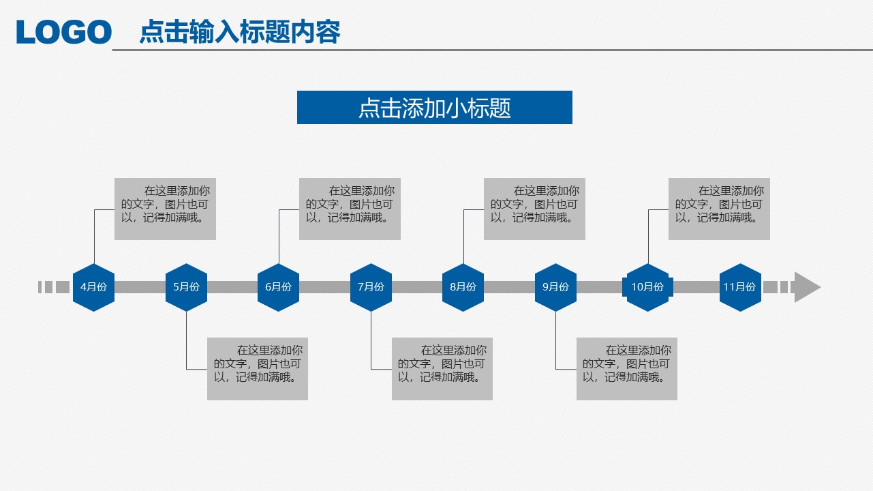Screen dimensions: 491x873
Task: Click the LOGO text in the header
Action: pyautogui.click(x=64, y=32)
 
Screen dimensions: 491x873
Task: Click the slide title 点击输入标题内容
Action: pyautogui.click(x=239, y=32)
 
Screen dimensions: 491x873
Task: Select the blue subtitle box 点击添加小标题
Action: pyautogui.click(x=434, y=108)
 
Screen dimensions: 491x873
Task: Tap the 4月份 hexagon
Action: pyautogui.click(x=93, y=287)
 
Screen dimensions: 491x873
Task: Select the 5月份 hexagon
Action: pyautogui.click(x=186, y=287)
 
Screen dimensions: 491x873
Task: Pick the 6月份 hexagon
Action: pyautogui.click(x=278, y=287)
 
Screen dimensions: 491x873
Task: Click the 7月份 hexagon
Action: pyautogui.click(x=371, y=287)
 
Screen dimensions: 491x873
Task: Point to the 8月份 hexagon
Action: pyautogui.click(x=463, y=287)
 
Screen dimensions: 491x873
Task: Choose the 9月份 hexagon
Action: pyautogui.click(x=555, y=287)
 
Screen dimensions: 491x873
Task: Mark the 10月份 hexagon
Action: pyautogui.click(x=647, y=287)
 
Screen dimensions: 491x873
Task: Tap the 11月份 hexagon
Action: pyautogui.click(x=740, y=287)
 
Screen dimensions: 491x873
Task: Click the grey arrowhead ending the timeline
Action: pyautogui.click(x=806, y=287)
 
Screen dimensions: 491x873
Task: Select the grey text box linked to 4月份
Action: pyautogui.click(x=165, y=209)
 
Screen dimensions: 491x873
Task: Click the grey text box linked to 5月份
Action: pyautogui.click(x=258, y=368)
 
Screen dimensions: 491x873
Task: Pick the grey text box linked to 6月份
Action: pyautogui.click(x=350, y=209)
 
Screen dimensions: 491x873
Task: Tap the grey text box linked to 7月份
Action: pyautogui.click(x=442, y=368)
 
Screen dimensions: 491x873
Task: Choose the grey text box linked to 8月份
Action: pyautogui.click(x=534, y=209)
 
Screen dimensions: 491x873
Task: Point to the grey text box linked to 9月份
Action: pyautogui.click(x=626, y=368)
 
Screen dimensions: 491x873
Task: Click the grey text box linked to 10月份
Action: pyautogui.click(x=719, y=209)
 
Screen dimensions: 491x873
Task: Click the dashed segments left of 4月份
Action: pyautogui.click(x=53, y=287)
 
